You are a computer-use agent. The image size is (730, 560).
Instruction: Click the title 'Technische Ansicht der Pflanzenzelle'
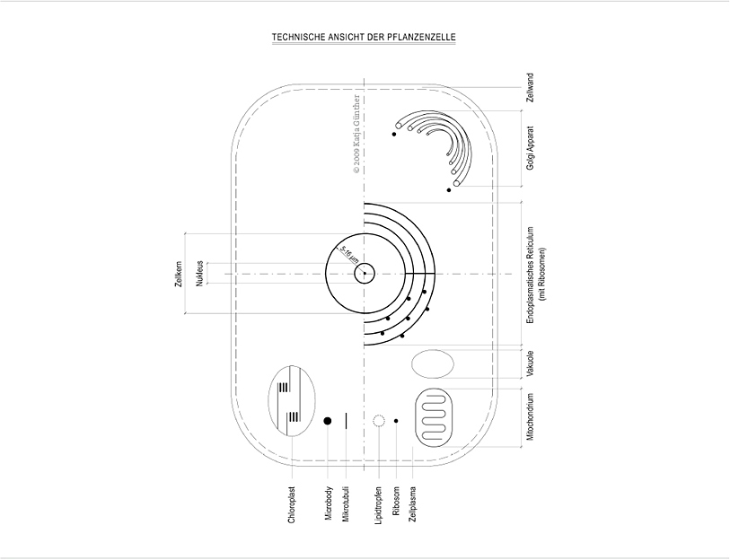point(364,37)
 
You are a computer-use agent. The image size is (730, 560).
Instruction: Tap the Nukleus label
point(199,274)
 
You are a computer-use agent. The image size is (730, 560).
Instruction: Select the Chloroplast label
point(292,505)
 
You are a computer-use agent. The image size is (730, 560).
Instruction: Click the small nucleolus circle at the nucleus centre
point(364,273)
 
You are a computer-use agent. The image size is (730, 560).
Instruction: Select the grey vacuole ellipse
point(433,363)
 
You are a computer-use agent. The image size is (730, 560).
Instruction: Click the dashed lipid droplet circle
point(379,420)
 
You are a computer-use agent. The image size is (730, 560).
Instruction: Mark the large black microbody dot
point(328,420)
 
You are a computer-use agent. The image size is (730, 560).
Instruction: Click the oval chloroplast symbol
point(291,399)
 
